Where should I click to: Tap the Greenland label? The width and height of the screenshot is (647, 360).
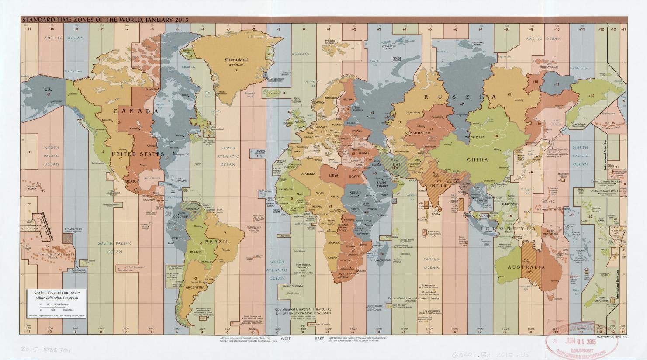[236, 59]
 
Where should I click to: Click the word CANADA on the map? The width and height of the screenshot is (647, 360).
[136, 111]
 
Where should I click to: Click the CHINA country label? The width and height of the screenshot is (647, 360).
[477, 159]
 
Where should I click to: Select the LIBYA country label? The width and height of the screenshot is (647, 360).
[334, 175]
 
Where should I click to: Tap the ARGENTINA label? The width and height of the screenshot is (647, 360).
[195, 287]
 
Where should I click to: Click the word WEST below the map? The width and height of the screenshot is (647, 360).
[286, 339]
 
